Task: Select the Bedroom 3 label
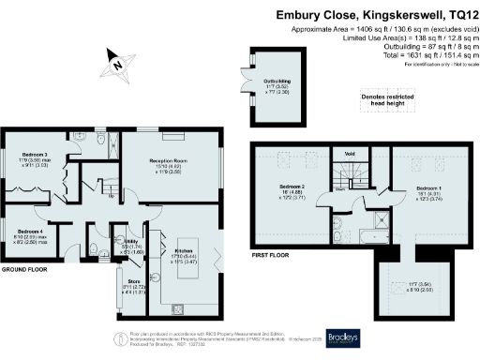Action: point(35,155)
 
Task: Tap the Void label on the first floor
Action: point(350,153)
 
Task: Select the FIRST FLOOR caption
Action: point(271,254)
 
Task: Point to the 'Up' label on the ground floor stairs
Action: point(113,197)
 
